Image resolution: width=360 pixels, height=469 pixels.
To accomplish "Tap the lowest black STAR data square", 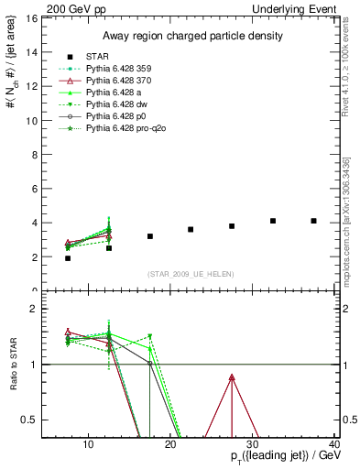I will click(x=68, y=258).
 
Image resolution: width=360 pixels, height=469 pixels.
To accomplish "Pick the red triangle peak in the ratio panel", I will click(x=232, y=377).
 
